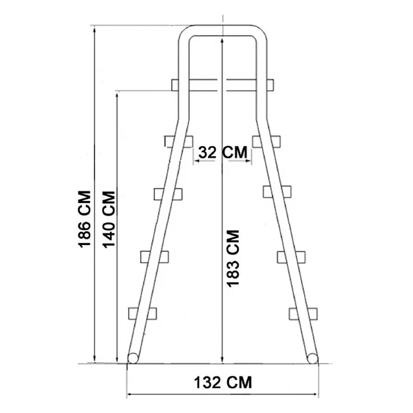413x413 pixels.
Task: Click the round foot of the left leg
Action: pos(134,357)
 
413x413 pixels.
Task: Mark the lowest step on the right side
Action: pos(302,312)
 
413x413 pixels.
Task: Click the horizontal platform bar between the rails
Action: pos(222,85)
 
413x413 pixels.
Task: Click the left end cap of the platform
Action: pos(175,85)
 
